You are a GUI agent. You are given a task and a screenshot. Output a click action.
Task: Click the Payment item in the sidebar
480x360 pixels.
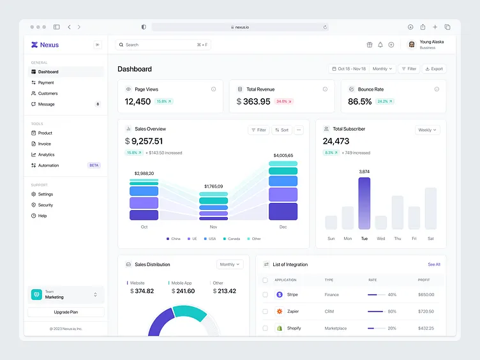(x=46, y=82)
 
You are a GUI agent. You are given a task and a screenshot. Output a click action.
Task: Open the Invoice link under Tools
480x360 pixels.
(x=44, y=144)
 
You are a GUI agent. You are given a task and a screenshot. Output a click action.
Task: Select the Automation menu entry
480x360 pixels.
(x=48, y=165)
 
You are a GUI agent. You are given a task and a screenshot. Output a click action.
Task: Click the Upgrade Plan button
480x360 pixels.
(x=66, y=312)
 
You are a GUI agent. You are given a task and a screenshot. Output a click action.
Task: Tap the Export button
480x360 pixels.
(x=434, y=68)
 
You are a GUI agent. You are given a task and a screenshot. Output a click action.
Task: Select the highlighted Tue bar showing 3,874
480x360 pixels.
(x=364, y=203)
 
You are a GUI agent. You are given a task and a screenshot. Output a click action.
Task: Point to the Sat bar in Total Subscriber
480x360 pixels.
(x=431, y=208)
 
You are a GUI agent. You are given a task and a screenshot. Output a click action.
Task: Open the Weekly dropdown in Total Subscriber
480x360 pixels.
(x=427, y=130)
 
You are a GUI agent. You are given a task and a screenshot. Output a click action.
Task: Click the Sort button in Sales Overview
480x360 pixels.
(x=281, y=130)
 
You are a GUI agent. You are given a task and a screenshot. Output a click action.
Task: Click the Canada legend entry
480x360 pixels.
(x=232, y=239)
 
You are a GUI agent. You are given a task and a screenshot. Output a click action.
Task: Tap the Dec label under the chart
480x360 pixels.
(x=283, y=227)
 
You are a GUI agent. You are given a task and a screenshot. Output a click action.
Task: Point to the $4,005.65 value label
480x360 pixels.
(x=283, y=155)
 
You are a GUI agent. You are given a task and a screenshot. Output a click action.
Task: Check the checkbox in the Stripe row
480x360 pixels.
(x=266, y=295)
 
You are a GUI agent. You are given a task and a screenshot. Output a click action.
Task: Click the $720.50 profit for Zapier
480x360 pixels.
(x=426, y=311)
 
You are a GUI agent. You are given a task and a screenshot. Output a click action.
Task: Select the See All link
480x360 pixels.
(x=434, y=264)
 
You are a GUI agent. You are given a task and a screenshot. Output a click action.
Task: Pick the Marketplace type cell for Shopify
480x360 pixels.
(x=336, y=328)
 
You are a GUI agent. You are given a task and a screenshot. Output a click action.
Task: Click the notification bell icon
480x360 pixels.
(x=380, y=45)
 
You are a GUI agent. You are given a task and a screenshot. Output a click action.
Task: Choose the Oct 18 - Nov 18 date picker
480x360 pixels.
(x=348, y=68)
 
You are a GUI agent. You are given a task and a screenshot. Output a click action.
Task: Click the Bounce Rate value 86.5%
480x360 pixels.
(x=359, y=101)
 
